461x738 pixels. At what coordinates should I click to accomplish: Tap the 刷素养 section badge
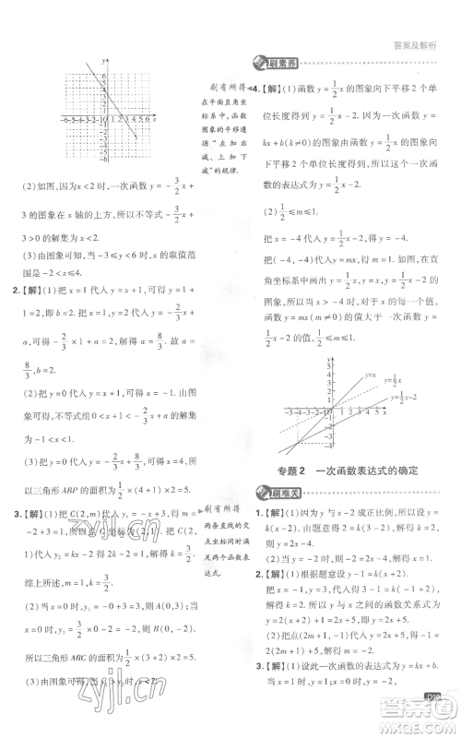point(270,63)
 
